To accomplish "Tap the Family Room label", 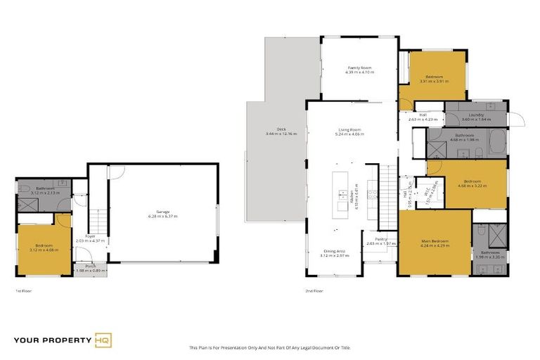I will (x=359, y=67).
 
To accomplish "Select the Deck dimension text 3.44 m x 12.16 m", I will (x=281, y=134).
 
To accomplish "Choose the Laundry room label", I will (x=476, y=115).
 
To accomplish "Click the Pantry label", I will (x=381, y=240).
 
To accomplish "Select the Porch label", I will (x=90, y=266).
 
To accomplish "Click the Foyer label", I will (x=90, y=236).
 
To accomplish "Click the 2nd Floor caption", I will (x=314, y=290).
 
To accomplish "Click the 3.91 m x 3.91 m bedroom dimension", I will (x=434, y=81).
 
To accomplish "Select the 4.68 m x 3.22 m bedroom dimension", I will (x=467, y=186).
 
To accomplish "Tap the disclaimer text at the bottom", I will (x=269, y=347).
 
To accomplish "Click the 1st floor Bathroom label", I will (x=46, y=188).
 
